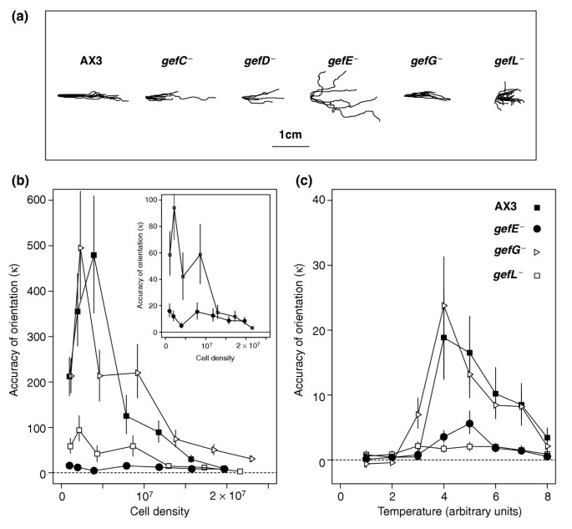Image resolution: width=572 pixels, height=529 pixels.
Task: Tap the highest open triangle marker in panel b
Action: pyautogui.click(x=81, y=248)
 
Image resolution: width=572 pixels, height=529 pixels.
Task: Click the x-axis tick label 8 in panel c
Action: pyautogui.click(x=547, y=488)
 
